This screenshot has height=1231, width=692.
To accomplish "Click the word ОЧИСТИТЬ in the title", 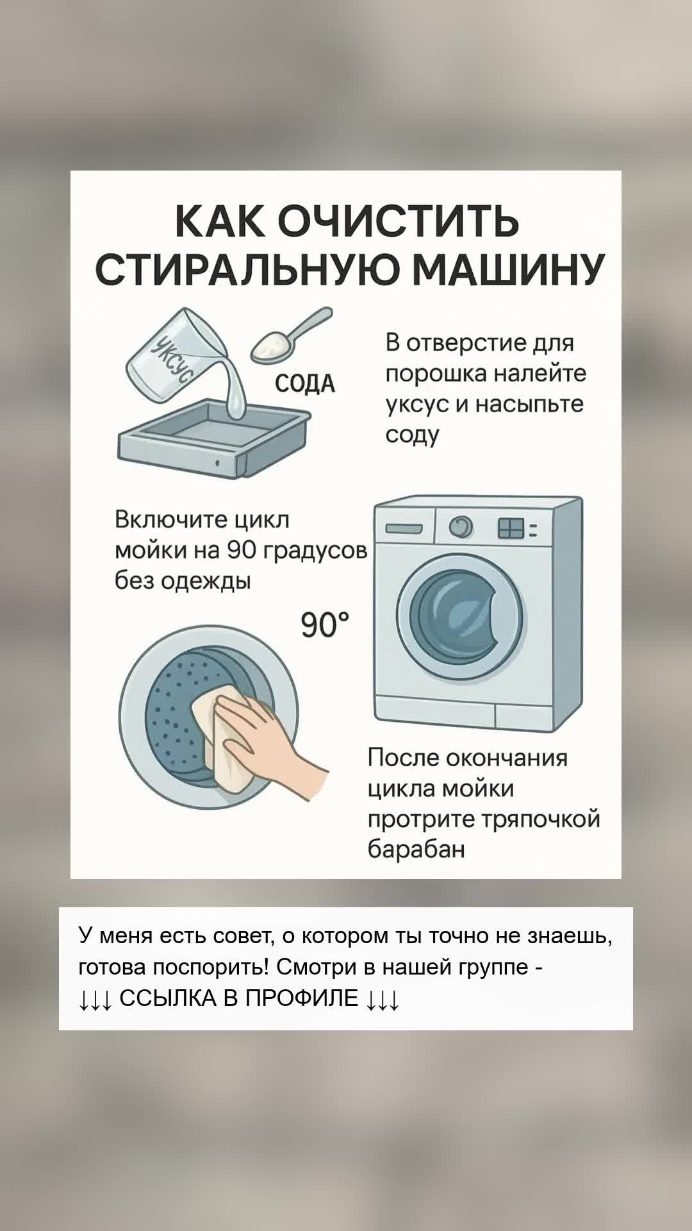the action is [399, 221].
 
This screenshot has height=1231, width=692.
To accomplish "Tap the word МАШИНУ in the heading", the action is [508, 270].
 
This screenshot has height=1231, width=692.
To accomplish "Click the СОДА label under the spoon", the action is [305, 383].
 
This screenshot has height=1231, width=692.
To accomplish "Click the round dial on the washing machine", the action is [460, 528].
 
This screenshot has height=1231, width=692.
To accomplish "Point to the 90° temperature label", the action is [325, 625].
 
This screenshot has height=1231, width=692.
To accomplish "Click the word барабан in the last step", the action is [416, 850].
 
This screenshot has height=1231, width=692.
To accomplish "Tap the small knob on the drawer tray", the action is [217, 462].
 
